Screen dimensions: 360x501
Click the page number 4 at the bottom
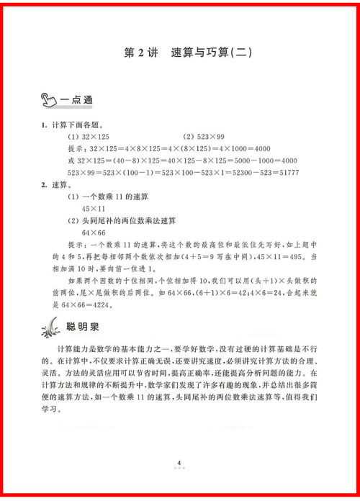pos(178,462)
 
